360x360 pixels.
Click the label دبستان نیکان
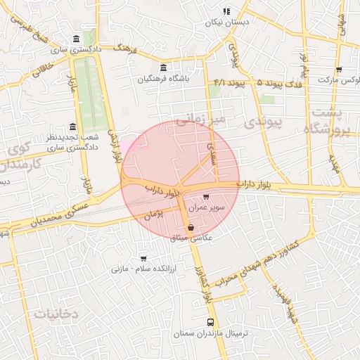(228, 22)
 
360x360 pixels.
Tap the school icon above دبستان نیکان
(226, 11)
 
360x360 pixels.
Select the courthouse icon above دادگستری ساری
(76, 39)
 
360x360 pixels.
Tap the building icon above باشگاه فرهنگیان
(164, 68)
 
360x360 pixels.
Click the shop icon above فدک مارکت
(339, 70)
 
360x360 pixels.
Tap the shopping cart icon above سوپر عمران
(205, 198)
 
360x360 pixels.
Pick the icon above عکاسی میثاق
(191, 227)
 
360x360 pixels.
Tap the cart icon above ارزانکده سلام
(143, 258)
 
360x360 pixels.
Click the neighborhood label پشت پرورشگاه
(329, 121)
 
